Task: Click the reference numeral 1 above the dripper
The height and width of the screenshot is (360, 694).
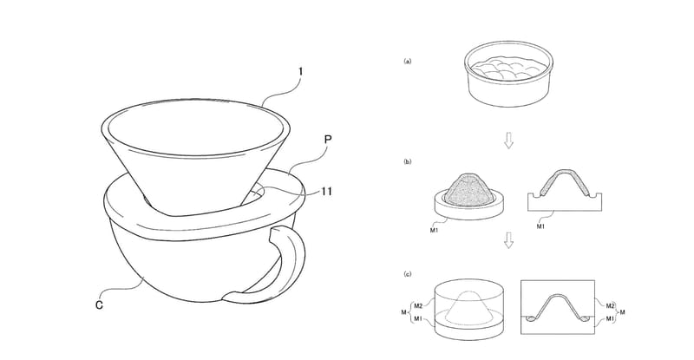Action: point(300,72)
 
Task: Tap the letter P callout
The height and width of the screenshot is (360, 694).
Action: point(328,140)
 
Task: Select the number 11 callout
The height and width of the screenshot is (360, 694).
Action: point(326,192)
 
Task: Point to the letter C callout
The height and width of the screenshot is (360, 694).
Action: point(99,304)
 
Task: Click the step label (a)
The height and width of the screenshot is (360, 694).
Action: point(407,61)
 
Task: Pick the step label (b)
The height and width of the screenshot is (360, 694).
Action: point(407,161)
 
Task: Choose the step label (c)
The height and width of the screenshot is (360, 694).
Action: point(407,274)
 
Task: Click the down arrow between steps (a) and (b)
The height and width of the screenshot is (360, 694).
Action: point(508,141)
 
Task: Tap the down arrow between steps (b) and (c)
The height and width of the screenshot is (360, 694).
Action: point(508,241)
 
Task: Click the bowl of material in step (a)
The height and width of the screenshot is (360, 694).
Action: point(509,75)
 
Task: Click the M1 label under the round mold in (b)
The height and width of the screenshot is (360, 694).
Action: point(435,230)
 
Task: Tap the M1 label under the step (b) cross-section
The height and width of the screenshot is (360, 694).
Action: point(540,226)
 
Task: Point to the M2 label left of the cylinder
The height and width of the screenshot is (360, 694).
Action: point(417,305)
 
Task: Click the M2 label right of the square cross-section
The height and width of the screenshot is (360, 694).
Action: point(611,305)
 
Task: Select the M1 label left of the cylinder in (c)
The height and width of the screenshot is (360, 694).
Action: point(417,318)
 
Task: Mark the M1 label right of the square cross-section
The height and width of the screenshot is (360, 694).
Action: point(611,318)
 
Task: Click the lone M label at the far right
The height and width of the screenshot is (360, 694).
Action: point(623,312)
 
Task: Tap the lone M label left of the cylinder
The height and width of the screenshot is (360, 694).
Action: point(403,312)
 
